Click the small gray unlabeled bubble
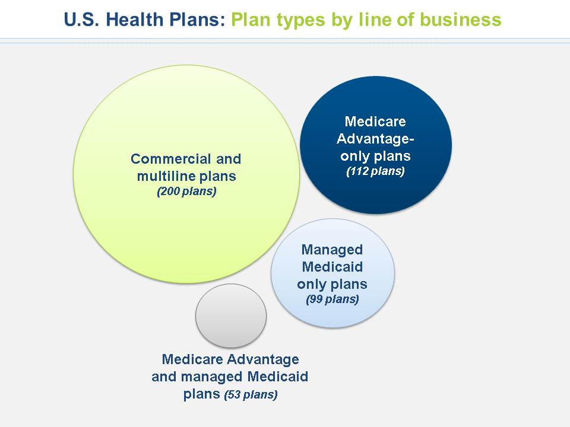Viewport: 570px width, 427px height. [231, 316]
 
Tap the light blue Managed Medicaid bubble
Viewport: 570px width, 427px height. [332, 273]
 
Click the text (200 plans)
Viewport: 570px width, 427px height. [186, 192]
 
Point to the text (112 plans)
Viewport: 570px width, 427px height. [375, 171]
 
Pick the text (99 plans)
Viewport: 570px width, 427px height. [332, 299]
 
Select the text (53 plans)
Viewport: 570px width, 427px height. [251, 394]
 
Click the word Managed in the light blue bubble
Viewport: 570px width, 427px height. [332, 250]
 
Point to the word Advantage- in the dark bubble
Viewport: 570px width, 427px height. [375, 139]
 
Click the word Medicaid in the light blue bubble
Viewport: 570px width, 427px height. [332, 267]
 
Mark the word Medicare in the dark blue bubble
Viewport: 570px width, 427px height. [375, 122]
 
